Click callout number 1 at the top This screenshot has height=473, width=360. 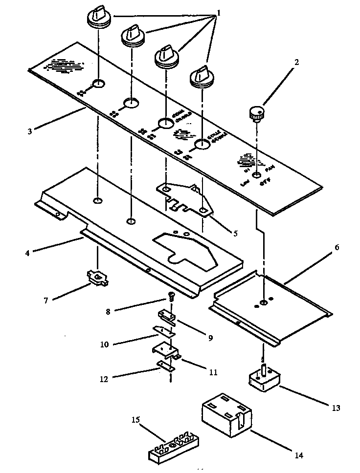tap(219, 13)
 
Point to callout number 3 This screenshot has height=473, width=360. tap(30, 131)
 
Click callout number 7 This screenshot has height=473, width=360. tap(46, 301)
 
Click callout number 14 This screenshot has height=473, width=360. tap(299, 455)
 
